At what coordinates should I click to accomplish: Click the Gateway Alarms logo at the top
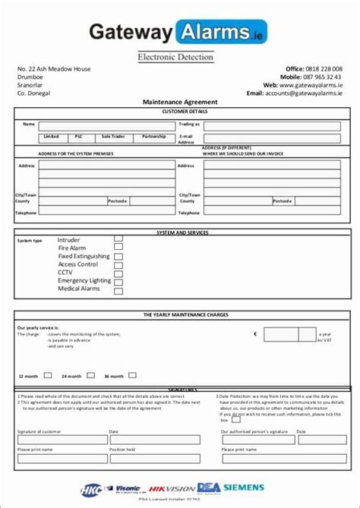(179, 32)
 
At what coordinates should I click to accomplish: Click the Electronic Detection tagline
(175, 56)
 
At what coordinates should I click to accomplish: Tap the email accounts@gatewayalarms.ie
(303, 93)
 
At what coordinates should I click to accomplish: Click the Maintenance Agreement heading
(180, 102)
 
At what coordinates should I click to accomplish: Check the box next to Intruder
(118, 238)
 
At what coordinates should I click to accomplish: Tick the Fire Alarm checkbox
(118, 247)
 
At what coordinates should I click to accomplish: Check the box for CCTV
(118, 272)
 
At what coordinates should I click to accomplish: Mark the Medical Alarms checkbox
(118, 289)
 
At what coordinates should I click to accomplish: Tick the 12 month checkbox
(47, 374)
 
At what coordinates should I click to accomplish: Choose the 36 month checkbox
(133, 374)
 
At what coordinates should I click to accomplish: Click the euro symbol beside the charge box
(256, 333)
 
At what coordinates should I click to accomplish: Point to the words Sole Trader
(114, 137)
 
